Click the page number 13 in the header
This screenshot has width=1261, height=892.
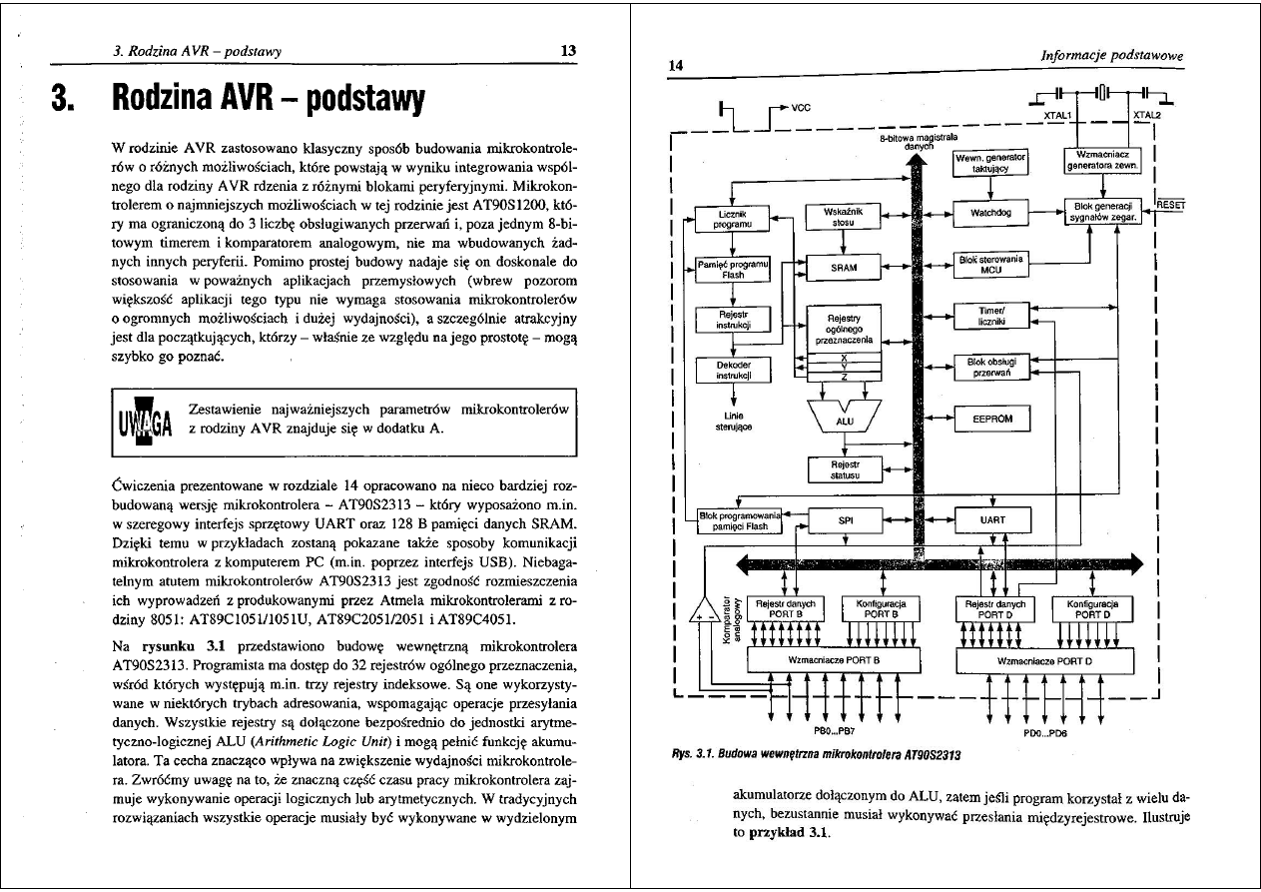click(x=568, y=51)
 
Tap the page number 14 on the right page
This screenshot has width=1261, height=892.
click(x=675, y=66)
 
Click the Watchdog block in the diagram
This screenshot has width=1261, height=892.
click(x=990, y=213)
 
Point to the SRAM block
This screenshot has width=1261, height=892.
click(x=844, y=267)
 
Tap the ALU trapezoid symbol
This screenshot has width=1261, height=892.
click(x=845, y=419)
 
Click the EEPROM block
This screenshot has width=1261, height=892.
click(x=991, y=420)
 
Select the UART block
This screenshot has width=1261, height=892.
click(x=992, y=520)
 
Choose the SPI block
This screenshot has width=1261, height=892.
click(x=846, y=520)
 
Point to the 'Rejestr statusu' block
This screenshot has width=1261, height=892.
click(x=845, y=468)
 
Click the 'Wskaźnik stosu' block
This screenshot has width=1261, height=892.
click(x=844, y=217)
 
